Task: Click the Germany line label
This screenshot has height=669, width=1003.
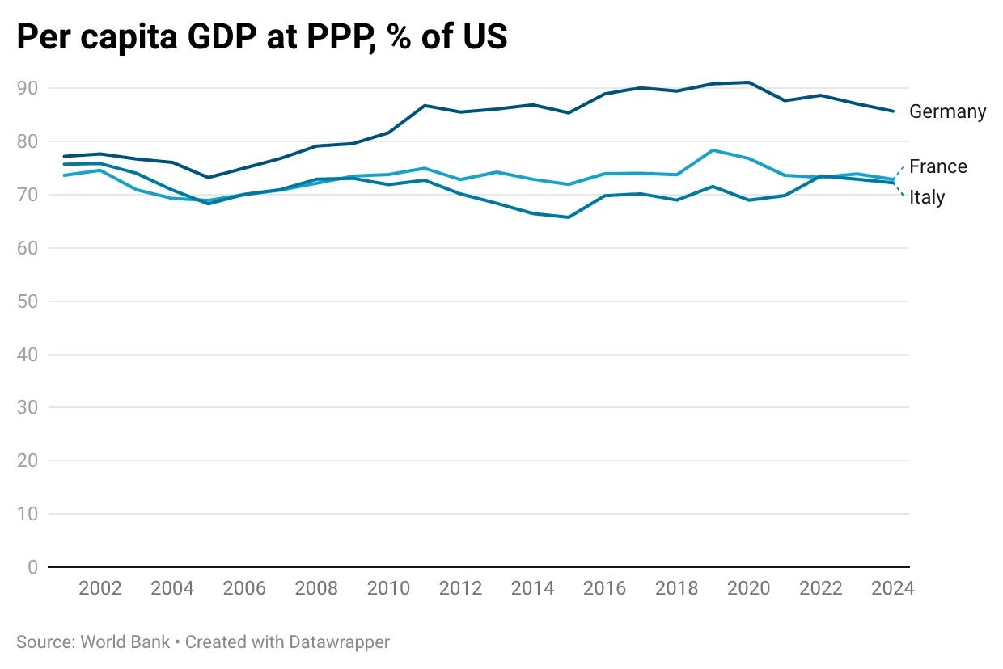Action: (x=947, y=111)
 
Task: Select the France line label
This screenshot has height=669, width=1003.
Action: (x=938, y=166)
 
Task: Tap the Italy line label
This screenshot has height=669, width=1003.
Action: (x=927, y=197)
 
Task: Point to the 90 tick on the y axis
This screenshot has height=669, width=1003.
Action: (x=28, y=88)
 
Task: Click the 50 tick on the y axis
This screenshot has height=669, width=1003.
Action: (x=28, y=301)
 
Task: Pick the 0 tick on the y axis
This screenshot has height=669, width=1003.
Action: (x=32, y=567)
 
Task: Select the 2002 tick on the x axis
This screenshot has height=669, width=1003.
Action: (x=100, y=588)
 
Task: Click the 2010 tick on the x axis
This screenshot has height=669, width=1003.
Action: (x=388, y=588)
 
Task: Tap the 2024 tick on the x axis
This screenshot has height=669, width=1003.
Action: (x=893, y=588)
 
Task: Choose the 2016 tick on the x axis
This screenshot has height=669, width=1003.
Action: (x=604, y=588)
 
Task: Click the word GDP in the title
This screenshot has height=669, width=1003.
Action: (x=222, y=36)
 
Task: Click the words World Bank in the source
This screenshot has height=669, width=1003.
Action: (x=125, y=642)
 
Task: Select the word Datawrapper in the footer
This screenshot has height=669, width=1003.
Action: (x=339, y=643)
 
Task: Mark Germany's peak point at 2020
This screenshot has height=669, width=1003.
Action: (x=749, y=82)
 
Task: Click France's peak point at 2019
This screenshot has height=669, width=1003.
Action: (x=713, y=150)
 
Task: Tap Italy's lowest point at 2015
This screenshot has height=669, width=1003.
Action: (x=568, y=217)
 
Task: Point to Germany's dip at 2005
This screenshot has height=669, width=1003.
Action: (x=208, y=178)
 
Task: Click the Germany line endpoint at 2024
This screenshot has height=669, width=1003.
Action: (x=893, y=111)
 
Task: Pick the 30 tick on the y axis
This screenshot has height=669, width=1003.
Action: (x=28, y=407)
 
